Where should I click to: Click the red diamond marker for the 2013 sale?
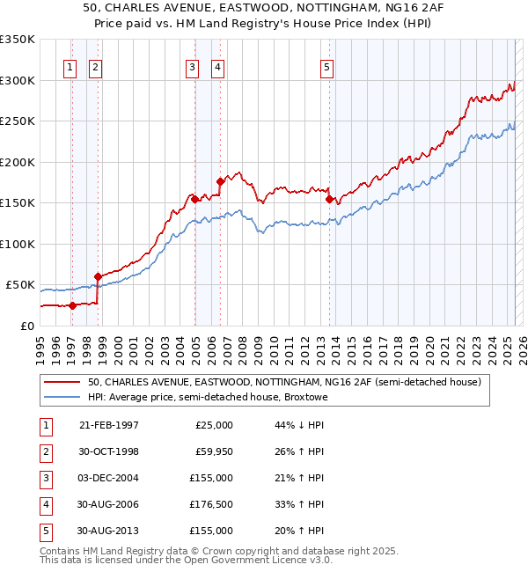tap(329, 199)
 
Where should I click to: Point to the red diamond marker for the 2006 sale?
tap(220, 181)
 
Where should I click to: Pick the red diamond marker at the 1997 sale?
tap(73, 305)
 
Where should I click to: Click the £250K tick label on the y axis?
tap(18, 121)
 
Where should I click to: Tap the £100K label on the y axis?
tap(18, 244)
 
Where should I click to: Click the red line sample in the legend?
tap(61, 383)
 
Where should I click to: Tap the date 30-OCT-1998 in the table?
tap(109, 451)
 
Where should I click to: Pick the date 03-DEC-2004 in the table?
tap(109, 478)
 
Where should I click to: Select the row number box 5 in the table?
tap(43, 531)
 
